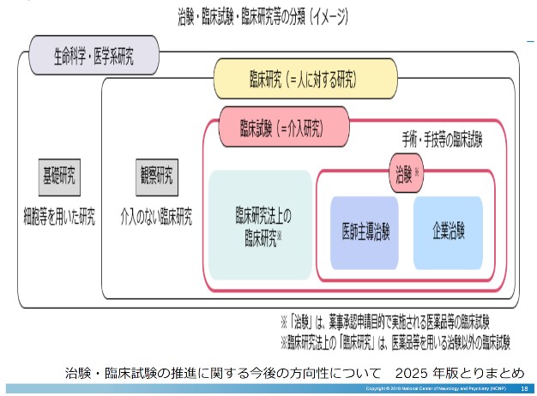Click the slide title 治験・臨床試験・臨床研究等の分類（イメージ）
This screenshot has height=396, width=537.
click(x=268, y=15)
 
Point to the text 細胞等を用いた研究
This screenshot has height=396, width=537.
click(x=59, y=211)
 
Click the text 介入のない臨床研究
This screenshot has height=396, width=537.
click(x=156, y=211)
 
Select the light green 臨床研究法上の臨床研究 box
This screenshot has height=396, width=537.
click(x=260, y=225)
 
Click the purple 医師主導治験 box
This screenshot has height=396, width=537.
click(x=365, y=232)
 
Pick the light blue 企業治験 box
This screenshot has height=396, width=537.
click(x=448, y=232)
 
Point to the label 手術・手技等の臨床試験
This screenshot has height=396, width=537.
click(x=442, y=136)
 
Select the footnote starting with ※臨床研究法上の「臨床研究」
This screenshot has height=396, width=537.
click(x=395, y=342)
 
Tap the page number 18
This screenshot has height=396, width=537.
click(x=525, y=389)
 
